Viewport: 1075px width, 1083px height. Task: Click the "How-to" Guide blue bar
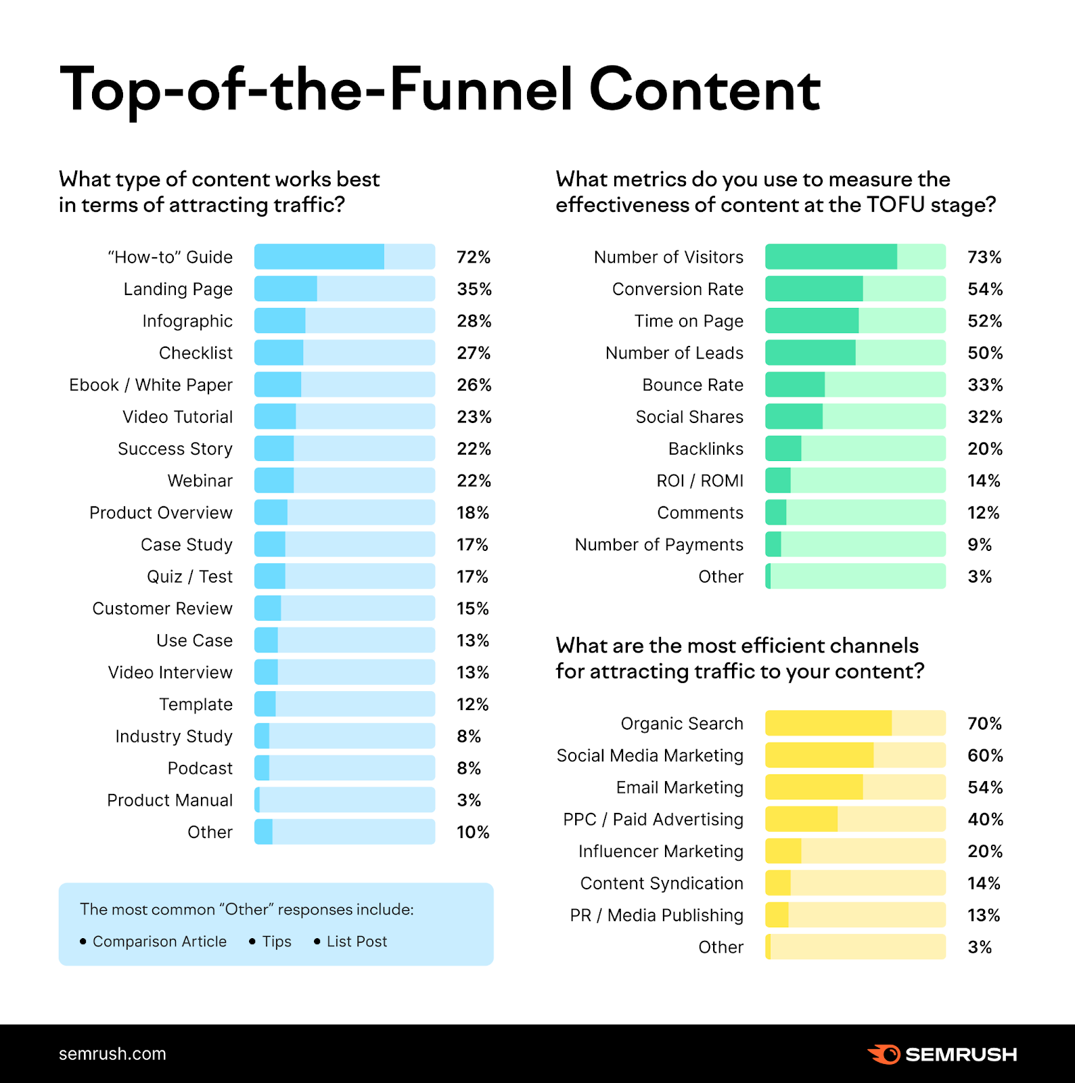[344, 257]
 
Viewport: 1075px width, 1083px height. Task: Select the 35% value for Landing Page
[474, 289]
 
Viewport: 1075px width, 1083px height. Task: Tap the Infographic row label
[187, 321]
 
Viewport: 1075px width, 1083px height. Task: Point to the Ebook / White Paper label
[151, 385]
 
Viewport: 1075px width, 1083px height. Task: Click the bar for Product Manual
[344, 800]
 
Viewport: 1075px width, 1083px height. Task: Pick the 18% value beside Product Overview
[472, 512]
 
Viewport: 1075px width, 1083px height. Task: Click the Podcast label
[200, 768]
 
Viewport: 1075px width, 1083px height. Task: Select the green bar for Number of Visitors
[855, 257]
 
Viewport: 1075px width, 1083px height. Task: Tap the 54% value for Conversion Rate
[985, 289]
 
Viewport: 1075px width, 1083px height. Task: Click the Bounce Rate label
[693, 385]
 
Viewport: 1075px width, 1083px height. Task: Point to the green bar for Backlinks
[855, 449]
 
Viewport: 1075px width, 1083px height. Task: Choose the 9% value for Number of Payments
[979, 545]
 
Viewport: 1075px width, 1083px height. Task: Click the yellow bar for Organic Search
[855, 724]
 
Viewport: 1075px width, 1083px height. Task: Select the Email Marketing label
[679, 787]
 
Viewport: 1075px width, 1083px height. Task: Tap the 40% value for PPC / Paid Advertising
[985, 820]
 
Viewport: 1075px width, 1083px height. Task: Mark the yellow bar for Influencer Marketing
[855, 852]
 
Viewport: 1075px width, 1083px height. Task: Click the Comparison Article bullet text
[159, 942]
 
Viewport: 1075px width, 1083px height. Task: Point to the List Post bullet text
[357, 942]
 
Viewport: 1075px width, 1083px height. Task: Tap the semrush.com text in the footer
[112, 1054]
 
